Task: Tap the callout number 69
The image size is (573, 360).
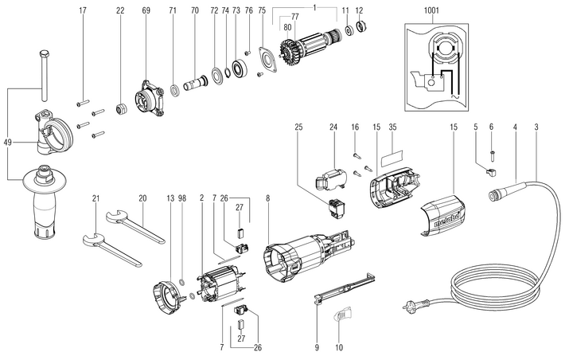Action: [x=146, y=10]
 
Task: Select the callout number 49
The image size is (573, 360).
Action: [x=7, y=142]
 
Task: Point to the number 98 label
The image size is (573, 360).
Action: [x=182, y=198]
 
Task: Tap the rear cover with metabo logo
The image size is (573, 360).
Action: [x=442, y=213]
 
